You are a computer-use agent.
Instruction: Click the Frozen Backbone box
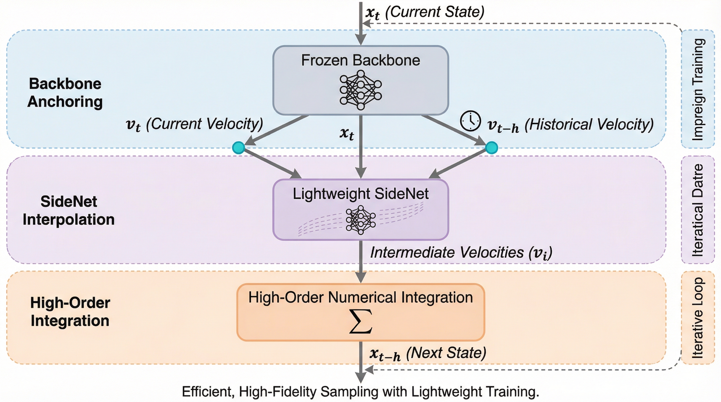point(360,80)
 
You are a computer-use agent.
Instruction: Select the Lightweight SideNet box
point(360,209)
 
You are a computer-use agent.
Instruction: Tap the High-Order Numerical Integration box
point(360,312)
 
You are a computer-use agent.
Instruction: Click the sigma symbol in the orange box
point(360,321)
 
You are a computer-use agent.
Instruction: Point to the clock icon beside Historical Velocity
point(471,121)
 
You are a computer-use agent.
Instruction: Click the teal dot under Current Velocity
point(239,148)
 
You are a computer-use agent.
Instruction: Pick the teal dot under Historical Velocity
point(491,148)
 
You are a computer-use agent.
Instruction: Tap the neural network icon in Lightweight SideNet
point(360,220)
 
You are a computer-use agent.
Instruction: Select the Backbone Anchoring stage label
point(65,93)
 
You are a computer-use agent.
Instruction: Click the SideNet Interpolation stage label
point(69,210)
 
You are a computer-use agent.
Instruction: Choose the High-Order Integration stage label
point(70,311)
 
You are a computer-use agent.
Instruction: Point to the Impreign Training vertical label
point(697,90)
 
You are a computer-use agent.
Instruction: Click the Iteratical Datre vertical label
point(697,210)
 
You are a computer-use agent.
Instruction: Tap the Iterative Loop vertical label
point(697,317)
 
